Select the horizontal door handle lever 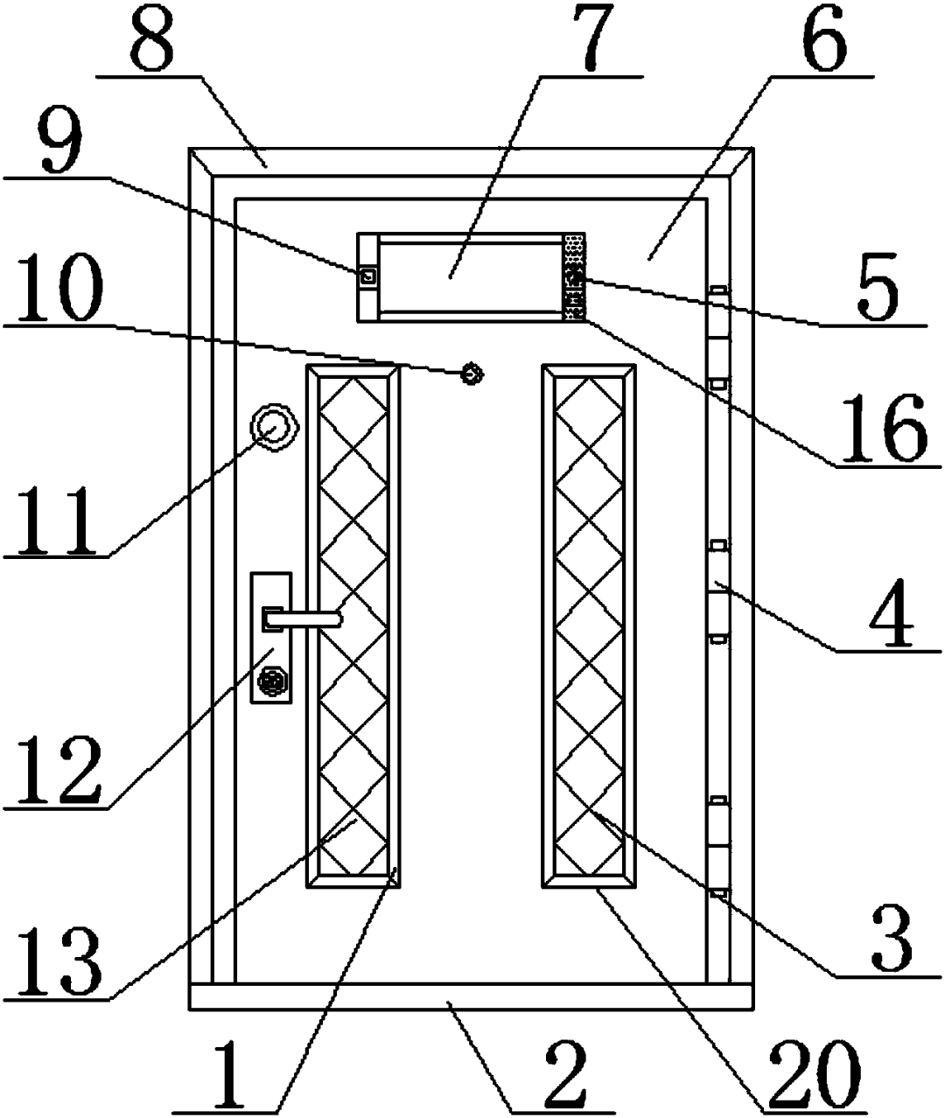(x=303, y=619)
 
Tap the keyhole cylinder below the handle (x=273, y=680)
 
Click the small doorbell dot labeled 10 (x=473, y=374)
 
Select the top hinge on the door (x=718, y=337)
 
